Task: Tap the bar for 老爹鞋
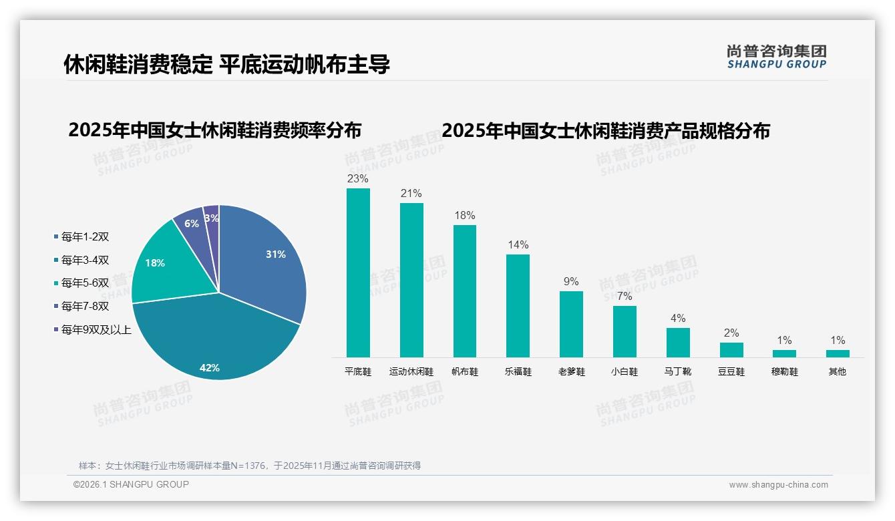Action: click(571, 324)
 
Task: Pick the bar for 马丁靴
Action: click(678, 342)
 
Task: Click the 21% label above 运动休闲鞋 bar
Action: click(411, 194)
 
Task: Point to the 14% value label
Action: click(518, 245)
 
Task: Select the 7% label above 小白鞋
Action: click(624, 297)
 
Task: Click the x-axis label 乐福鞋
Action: click(518, 372)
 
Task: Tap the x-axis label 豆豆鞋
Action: click(731, 372)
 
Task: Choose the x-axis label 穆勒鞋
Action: click(784, 372)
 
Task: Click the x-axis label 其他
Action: click(838, 372)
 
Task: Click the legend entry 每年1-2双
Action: click(85, 237)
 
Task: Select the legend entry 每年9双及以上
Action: click(96, 329)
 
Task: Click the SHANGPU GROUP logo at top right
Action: click(776, 57)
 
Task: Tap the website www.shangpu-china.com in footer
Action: click(778, 485)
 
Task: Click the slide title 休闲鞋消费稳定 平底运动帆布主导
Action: click(226, 64)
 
